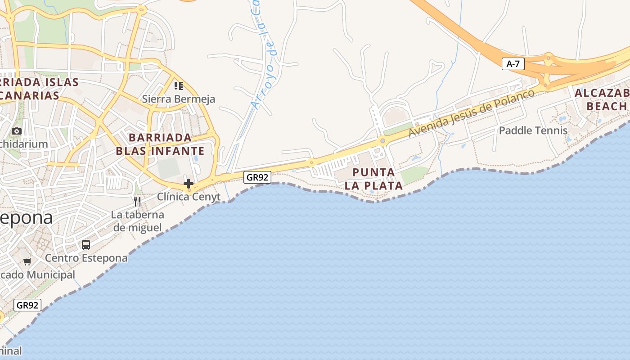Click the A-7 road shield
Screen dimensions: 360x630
(513, 64)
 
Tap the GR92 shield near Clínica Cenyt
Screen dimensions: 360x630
(257, 177)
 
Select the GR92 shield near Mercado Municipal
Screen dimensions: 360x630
(27, 305)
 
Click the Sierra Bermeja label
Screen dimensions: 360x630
(179, 99)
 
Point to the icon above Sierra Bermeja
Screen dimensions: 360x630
(179, 85)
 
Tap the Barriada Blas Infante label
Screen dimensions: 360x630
(160, 144)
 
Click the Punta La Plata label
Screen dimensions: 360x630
(373, 179)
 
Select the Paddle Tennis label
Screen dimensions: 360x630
(533, 130)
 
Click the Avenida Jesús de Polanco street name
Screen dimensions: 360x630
(472, 113)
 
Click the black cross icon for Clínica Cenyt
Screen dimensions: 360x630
(189, 184)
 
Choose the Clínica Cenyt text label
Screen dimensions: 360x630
(189, 197)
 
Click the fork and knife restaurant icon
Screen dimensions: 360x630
(138, 201)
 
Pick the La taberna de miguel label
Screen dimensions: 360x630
(138, 221)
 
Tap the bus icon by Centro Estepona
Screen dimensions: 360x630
(86, 245)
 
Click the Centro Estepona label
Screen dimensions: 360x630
(86, 258)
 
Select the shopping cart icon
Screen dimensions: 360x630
(27, 261)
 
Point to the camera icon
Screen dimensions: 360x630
(17, 131)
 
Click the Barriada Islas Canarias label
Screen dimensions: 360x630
(38, 89)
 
